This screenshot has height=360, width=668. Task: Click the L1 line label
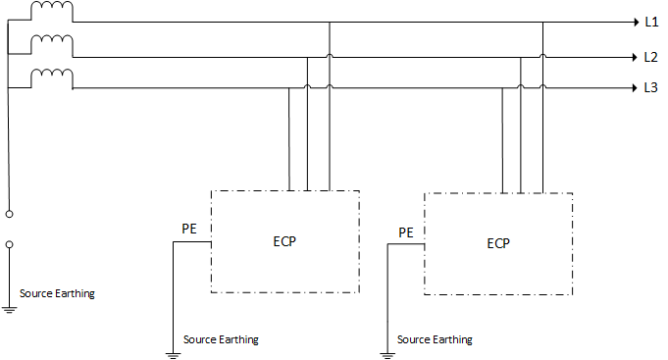click(650, 21)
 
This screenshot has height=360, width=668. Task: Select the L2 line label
click(650, 57)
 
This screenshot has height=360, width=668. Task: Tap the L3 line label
click(650, 88)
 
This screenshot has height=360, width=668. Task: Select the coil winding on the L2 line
click(51, 44)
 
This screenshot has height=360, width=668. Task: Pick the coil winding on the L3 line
click(51, 77)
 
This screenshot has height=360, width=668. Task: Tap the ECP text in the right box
click(498, 243)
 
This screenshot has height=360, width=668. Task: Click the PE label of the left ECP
click(189, 229)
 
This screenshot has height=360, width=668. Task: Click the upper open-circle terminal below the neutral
click(10, 212)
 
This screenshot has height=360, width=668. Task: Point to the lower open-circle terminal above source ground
click(10, 244)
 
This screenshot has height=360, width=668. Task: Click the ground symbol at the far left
click(10, 309)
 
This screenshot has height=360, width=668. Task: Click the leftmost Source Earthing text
click(58, 293)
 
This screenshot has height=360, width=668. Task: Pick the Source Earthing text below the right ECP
click(435, 339)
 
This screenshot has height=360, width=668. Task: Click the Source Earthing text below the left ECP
click(221, 339)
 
